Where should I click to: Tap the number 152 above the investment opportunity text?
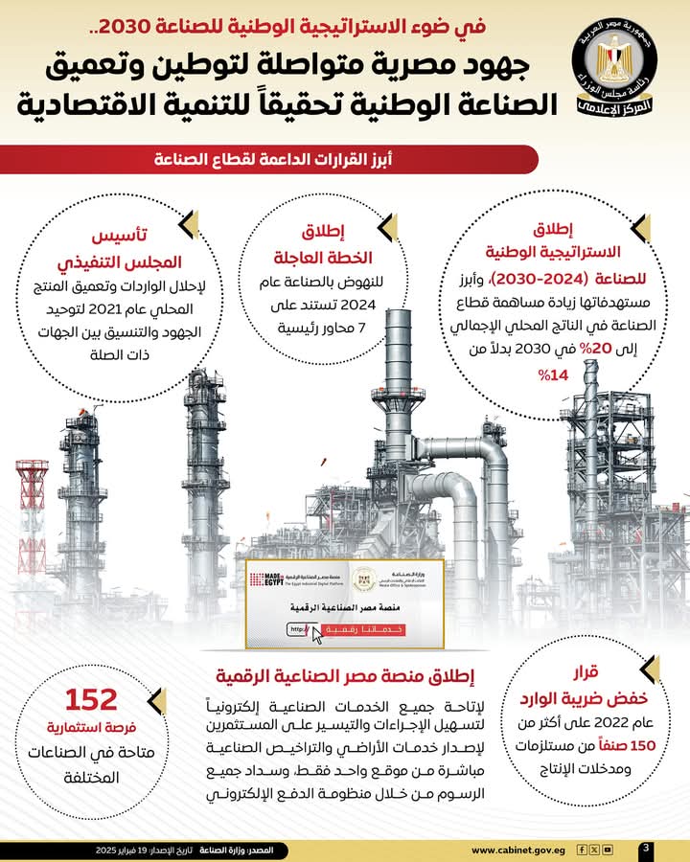(x=91, y=698)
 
